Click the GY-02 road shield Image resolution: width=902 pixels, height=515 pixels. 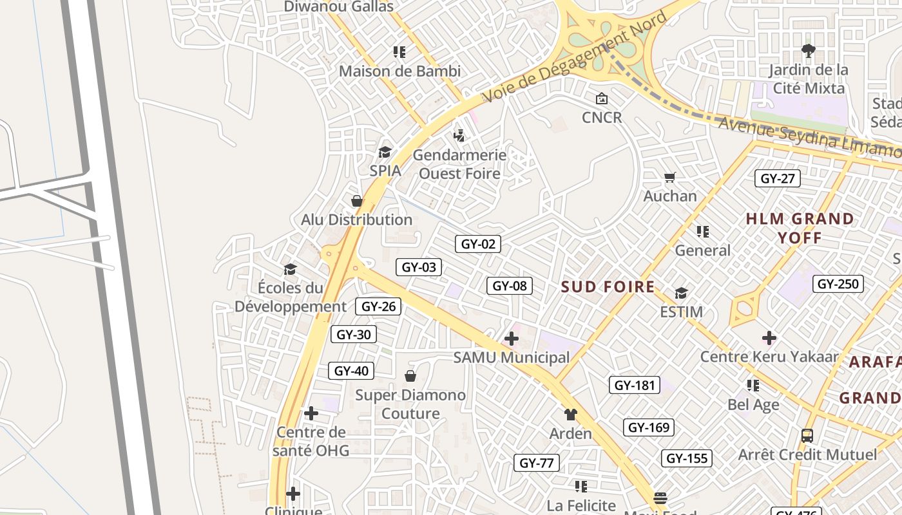click(x=477, y=244)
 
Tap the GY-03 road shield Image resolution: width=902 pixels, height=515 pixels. click(x=419, y=267)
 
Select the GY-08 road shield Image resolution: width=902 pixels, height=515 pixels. click(x=510, y=286)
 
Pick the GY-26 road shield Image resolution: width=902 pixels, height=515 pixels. click(x=378, y=306)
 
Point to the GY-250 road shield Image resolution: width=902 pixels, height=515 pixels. click(x=839, y=284)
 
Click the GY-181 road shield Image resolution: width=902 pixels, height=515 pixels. click(x=635, y=386)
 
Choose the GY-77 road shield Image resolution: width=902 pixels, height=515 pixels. click(x=537, y=463)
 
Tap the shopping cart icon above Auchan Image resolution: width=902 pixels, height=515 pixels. click(x=670, y=178)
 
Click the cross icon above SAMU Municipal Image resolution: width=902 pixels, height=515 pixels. click(x=512, y=338)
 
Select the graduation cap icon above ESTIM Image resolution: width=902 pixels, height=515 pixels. click(x=681, y=294)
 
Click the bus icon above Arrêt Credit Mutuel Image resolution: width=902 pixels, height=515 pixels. click(x=807, y=436)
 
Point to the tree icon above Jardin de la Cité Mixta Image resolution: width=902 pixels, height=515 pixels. click(x=809, y=50)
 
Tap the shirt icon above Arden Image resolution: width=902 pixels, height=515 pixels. click(x=570, y=415)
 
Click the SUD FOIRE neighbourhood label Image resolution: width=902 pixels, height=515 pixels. click(x=608, y=287)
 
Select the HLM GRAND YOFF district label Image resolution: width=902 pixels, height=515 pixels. click(x=800, y=228)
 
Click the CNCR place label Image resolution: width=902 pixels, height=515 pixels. click(x=602, y=117)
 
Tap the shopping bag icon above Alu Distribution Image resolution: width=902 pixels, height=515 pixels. click(x=357, y=201)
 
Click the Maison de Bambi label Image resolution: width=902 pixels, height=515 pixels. click(x=400, y=71)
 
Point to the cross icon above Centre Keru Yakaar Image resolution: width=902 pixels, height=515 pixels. click(x=769, y=338)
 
